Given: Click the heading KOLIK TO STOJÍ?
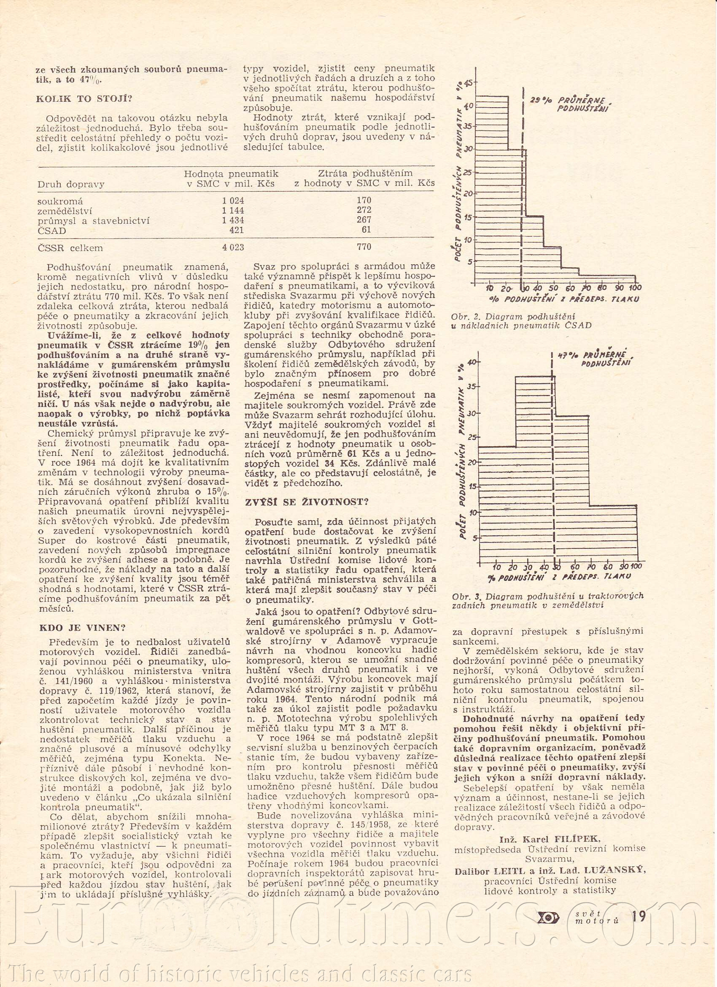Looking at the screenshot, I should click(x=84, y=99).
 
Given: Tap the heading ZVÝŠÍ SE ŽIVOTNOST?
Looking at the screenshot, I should click(x=307, y=502).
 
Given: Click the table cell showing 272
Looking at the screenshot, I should click(x=364, y=210).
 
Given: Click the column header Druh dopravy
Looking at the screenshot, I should click(x=71, y=184).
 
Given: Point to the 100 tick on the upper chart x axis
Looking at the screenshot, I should click(x=635, y=287).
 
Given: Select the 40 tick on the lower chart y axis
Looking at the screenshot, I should click(x=472, y=362).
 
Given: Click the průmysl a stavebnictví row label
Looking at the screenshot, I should click(x=94, y=221).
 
